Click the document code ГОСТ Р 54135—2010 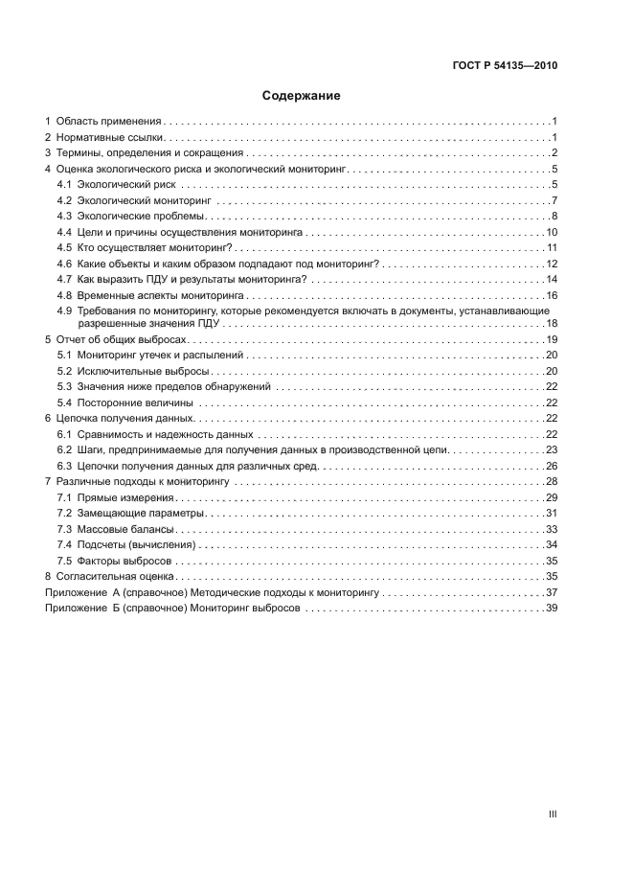pos(504,66)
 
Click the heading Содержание pos(302,96)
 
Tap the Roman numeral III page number pos(553,814)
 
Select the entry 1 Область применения pos(103,122)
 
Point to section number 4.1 pos(64,184)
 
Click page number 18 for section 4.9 pos(552,324)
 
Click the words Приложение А pos(80,593)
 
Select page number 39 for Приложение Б pos(552,609)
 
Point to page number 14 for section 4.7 pos(552,279)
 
